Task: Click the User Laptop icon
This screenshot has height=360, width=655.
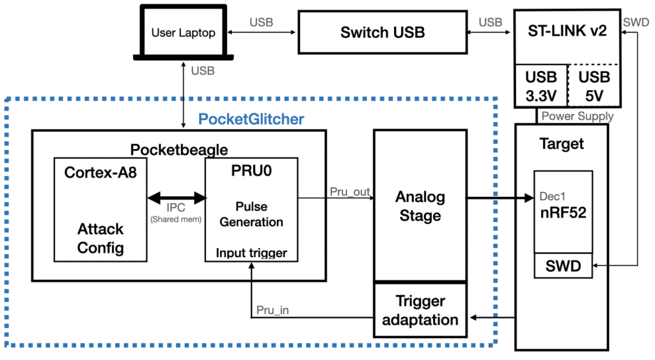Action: [x=182, y=32]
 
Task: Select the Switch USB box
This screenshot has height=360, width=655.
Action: [x=383, y=33]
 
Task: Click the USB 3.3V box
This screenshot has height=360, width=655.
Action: [x=541, y=86]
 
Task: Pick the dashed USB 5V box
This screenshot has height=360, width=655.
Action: [x=594, y=86]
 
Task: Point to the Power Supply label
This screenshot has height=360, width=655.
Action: [x=578, y=116]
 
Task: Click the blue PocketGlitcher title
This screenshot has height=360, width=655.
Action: [x=251, y=119]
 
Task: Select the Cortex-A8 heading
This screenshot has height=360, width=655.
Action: [x=100, y=173]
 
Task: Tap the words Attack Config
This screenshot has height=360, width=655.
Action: [x=100, y=239]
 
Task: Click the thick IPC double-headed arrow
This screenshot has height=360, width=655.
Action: [x=176, y=199]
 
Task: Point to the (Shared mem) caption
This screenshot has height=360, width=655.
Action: [x=176, y=219]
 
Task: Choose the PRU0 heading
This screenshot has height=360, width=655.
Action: [x=250, y=173]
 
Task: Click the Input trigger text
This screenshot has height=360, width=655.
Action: [x=251, y=253]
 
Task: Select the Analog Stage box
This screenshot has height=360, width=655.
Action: [x=420, y=205]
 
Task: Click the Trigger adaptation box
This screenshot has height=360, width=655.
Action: [x=420, y=310]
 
